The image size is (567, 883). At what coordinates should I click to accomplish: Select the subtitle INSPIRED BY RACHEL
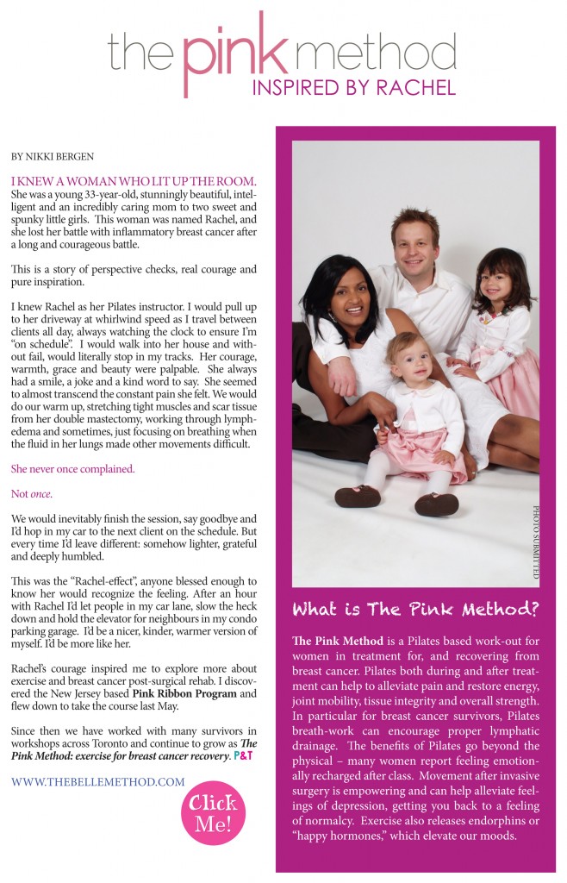click(352, 87)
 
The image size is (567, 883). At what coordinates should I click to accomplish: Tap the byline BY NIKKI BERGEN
click(52, 158)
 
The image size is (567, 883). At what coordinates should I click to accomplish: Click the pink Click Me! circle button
click(213, 812)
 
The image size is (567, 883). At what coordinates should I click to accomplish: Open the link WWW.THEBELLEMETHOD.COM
click(98, 782)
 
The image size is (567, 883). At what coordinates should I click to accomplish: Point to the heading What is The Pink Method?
click(415, 610)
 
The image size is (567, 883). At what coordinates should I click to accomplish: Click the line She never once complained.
click(72, 469)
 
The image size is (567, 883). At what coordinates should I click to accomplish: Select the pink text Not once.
click(31, 494)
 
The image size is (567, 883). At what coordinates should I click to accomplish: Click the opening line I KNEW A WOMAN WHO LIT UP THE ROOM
click(134, 182)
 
